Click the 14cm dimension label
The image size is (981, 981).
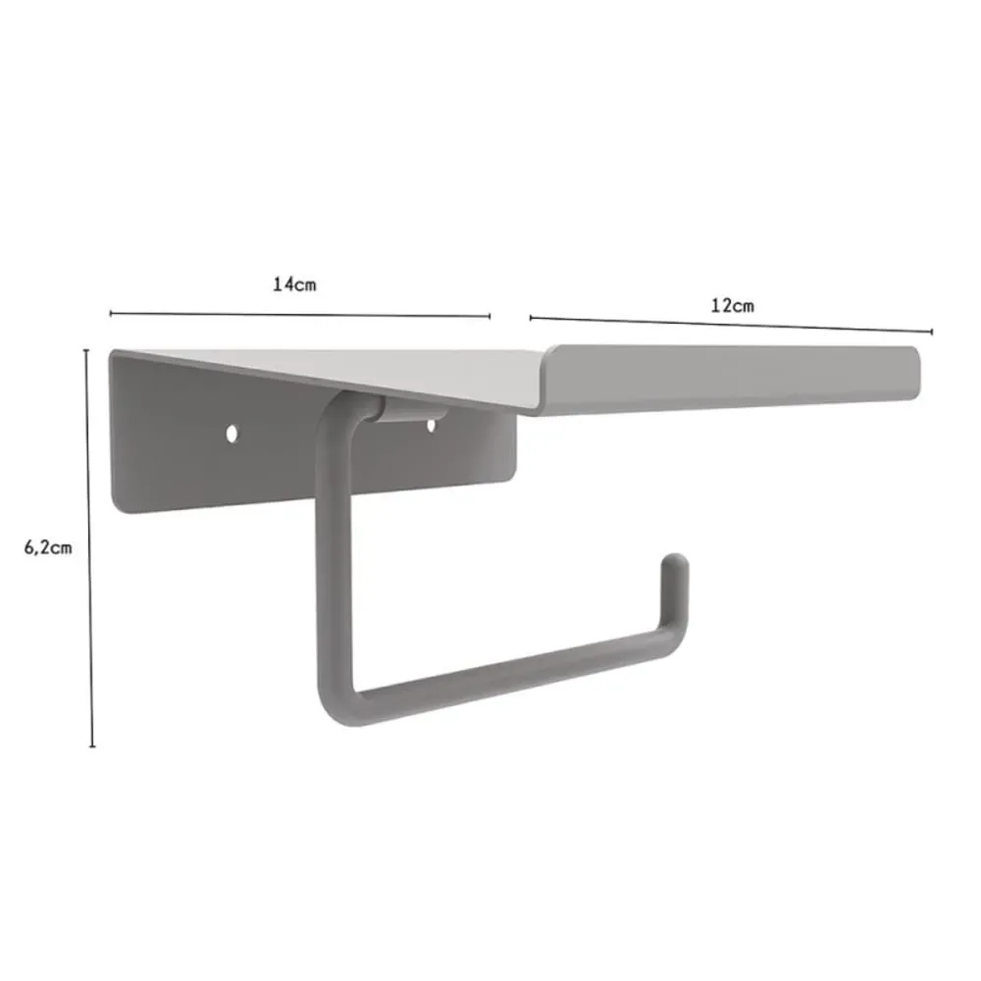tap(294, 284)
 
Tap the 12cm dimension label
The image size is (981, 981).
tap(732, 306)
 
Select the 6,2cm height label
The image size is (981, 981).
tap(48, 548)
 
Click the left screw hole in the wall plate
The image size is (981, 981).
tap(232, 434)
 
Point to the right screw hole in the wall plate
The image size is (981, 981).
tap(431, 426)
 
